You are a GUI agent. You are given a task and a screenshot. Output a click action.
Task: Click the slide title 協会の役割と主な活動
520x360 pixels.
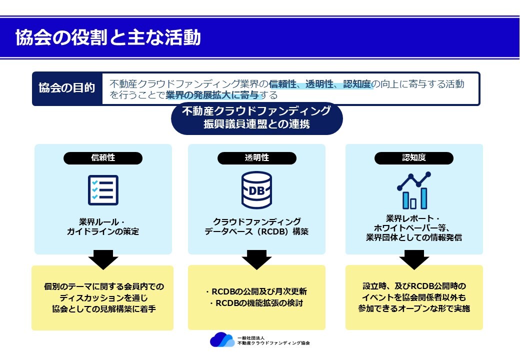click(x=108, y=37)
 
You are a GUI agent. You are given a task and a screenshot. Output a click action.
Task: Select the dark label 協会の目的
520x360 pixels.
click(x=67, y=88)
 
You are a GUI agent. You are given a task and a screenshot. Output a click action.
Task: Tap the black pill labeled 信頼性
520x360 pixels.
click(x=103, y=158)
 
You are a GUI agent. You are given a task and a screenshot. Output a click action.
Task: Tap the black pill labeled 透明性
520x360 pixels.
click(x=256, y=158)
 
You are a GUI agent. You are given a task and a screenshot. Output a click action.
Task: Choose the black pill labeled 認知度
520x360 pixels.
click(x=413, y=158)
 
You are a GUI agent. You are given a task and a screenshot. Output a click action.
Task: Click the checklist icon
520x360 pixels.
click(x=103, y=190)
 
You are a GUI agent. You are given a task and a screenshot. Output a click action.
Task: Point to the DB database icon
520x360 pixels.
click(x=256, y=190)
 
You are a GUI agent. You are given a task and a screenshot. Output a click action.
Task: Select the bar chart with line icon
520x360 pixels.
click(x=414, y=190)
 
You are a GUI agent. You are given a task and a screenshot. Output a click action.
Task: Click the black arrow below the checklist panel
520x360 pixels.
click(x=103, y=259)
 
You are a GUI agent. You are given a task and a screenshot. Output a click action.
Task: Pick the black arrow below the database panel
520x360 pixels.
click(x=256, y=259)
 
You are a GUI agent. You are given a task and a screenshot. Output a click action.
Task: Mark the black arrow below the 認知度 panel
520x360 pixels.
click(x=414, y=259)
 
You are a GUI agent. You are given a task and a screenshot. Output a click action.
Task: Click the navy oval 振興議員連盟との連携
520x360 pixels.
click(x=256, y=118)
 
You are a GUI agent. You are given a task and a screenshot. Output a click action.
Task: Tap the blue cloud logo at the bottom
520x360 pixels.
click(x=222, y=340)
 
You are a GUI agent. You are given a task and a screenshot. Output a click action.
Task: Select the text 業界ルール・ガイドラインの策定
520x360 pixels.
click(x=103, y=226)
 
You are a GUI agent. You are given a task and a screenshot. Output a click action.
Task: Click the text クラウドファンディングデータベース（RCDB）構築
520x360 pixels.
click(x=256, y=226)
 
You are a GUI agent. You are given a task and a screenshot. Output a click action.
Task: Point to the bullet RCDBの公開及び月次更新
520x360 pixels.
click(x=256, y=291)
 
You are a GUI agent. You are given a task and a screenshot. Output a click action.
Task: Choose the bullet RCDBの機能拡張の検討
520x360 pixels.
click(x=256, y=303)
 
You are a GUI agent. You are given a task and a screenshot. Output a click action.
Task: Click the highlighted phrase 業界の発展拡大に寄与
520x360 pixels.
click(x=212, y=95)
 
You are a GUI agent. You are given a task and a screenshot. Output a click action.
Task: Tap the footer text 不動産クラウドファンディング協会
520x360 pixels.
click(x=273, y=343)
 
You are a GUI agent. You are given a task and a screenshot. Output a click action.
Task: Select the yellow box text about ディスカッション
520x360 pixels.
click(x=104, y=297)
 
